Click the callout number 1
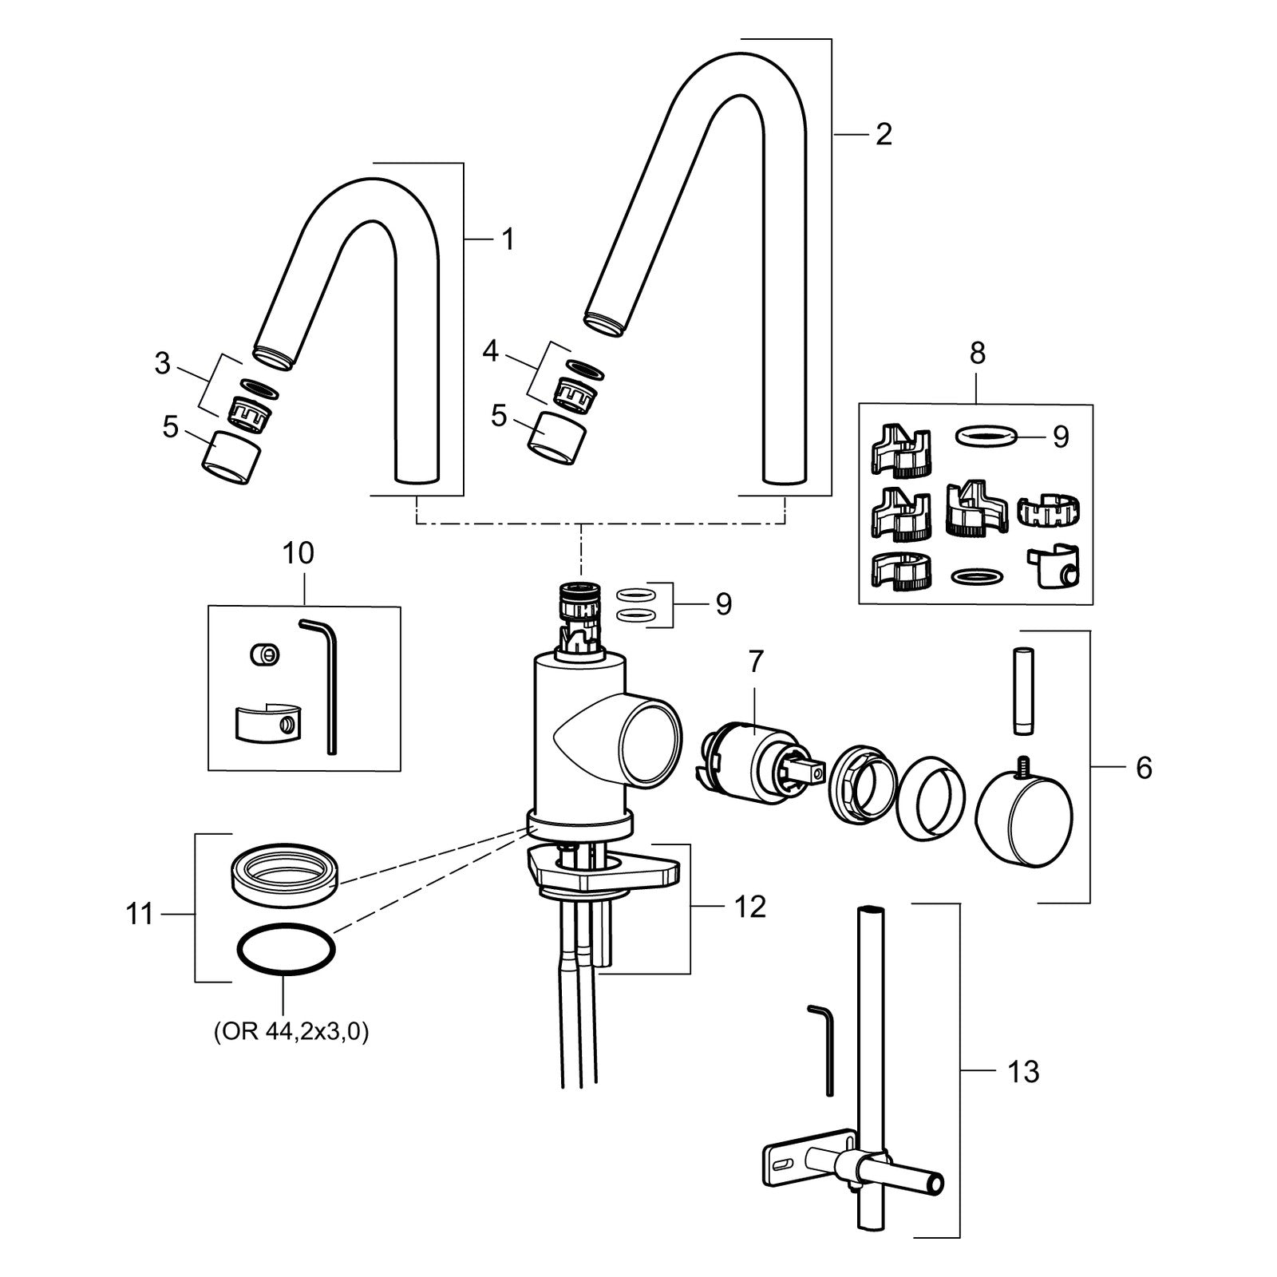coord(508,239)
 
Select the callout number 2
coord(883,134)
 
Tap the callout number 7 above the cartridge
coord(755,662)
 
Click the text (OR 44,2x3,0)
coord(291,1033)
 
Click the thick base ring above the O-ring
coord(285,876)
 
